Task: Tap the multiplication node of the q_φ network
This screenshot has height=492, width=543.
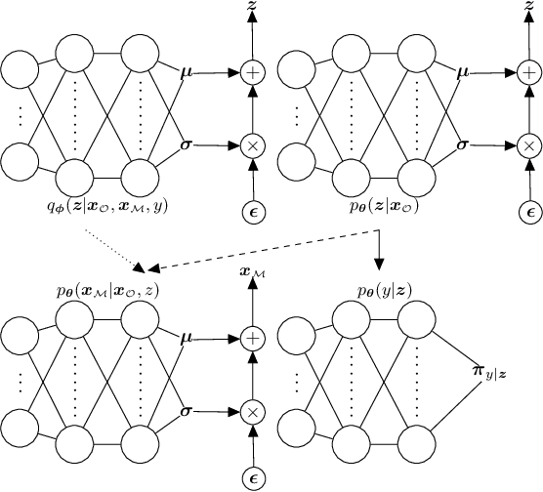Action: point(253,144)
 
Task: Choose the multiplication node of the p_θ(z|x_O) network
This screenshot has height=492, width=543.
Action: point(528,144)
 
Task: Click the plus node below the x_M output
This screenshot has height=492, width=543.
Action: point(253,337)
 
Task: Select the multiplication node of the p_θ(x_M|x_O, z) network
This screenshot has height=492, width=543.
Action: point(253,411)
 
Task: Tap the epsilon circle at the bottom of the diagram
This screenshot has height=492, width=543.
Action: point(253,477)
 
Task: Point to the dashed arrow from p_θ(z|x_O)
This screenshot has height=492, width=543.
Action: point(254,250)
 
